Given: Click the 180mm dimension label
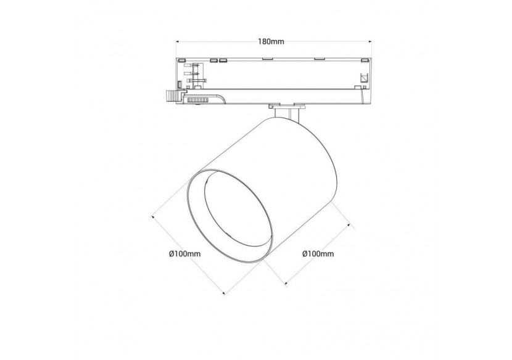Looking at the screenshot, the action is click(271, 41).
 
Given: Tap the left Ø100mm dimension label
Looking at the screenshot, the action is click(185, 253).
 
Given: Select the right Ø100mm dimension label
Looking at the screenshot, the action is click(318, 253).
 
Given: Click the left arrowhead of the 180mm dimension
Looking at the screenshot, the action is click(178, 41).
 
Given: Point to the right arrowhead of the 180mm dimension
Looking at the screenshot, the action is click(370, 41).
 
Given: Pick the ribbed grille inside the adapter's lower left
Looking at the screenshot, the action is click(197, 99).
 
